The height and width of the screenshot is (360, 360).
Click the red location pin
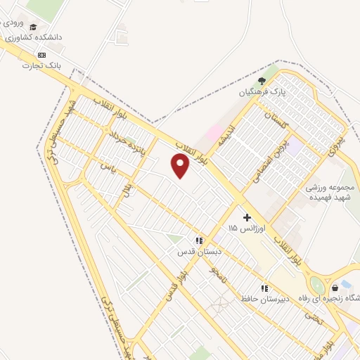(181, 166)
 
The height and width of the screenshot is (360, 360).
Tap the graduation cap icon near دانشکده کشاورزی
(34, 27)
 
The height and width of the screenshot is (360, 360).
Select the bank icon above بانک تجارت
(42, 55)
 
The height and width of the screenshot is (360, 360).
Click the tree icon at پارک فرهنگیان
(262, 81)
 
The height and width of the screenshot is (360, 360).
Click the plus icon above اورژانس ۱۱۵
(246, 217)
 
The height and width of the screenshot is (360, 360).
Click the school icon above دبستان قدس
(199, 240)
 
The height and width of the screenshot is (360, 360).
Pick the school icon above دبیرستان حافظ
(265, 288)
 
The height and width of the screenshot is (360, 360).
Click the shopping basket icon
(335, 286)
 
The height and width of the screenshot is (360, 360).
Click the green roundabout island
(318, 286)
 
